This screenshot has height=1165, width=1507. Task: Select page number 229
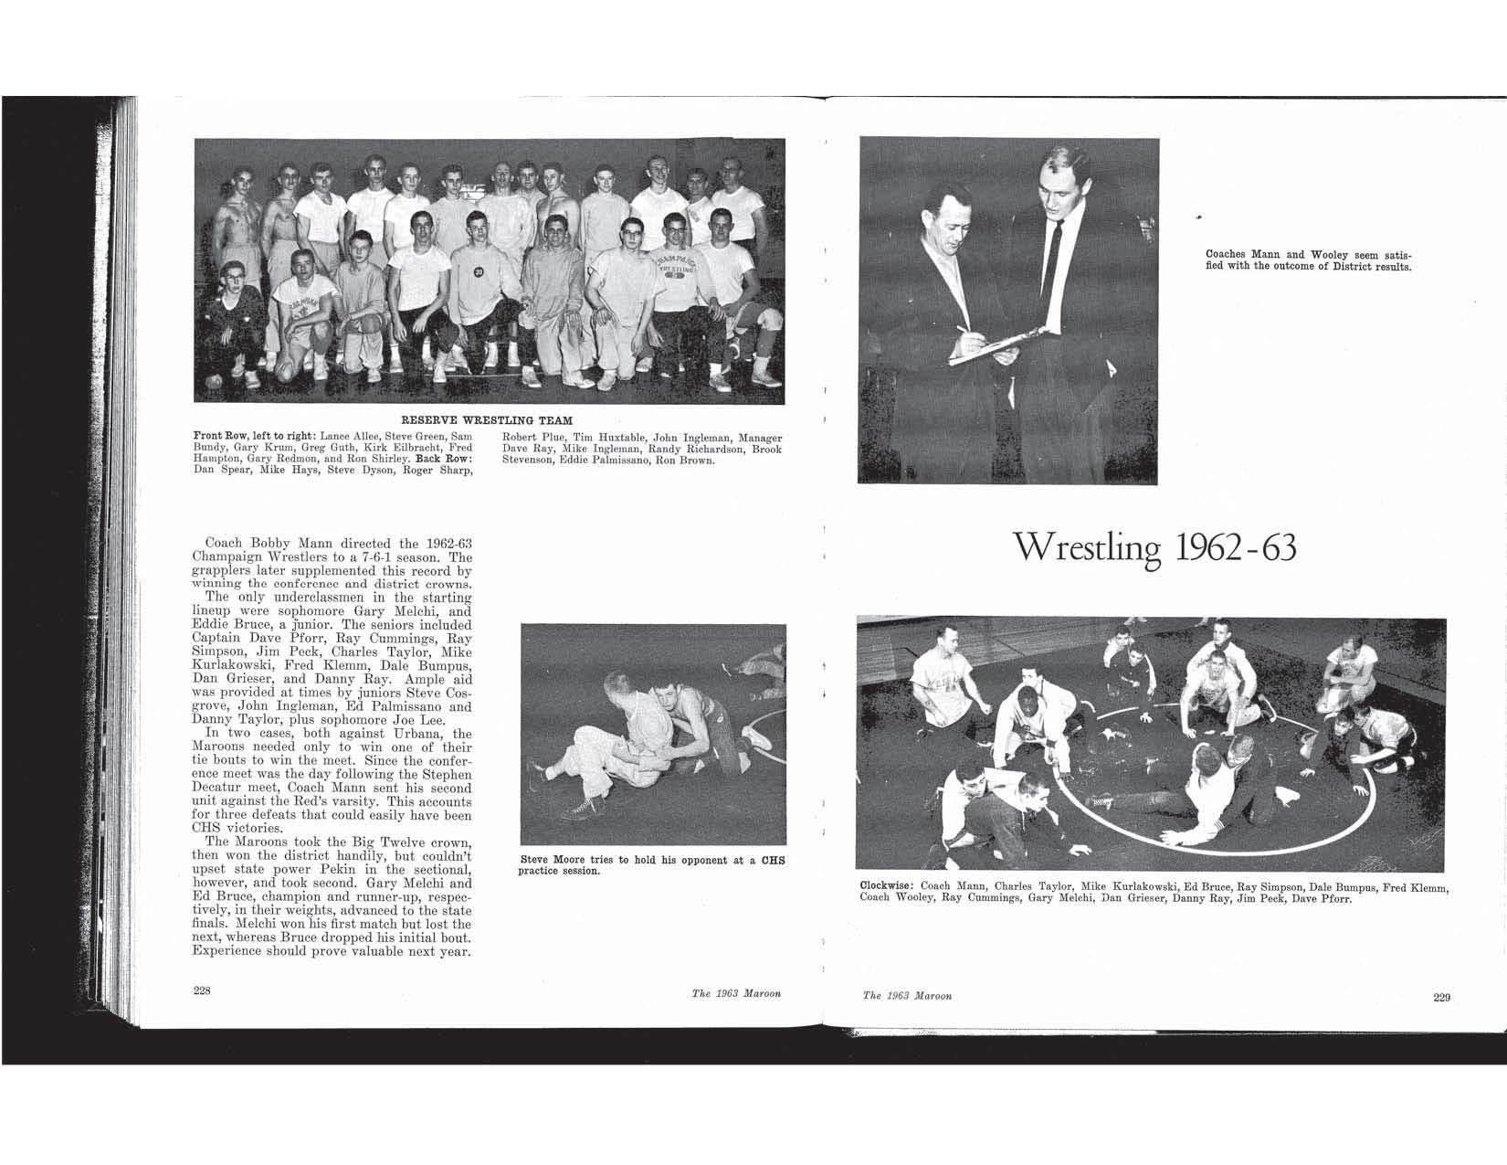pos(1441,997)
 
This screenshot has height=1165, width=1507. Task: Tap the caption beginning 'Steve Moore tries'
pos(652,864)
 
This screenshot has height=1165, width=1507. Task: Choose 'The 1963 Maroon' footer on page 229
pos(907,995)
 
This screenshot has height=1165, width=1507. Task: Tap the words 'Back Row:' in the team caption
pos(444,460)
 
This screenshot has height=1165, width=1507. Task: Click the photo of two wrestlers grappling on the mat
pos(652,734)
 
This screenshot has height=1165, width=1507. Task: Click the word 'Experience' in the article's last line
pos(227,951)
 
